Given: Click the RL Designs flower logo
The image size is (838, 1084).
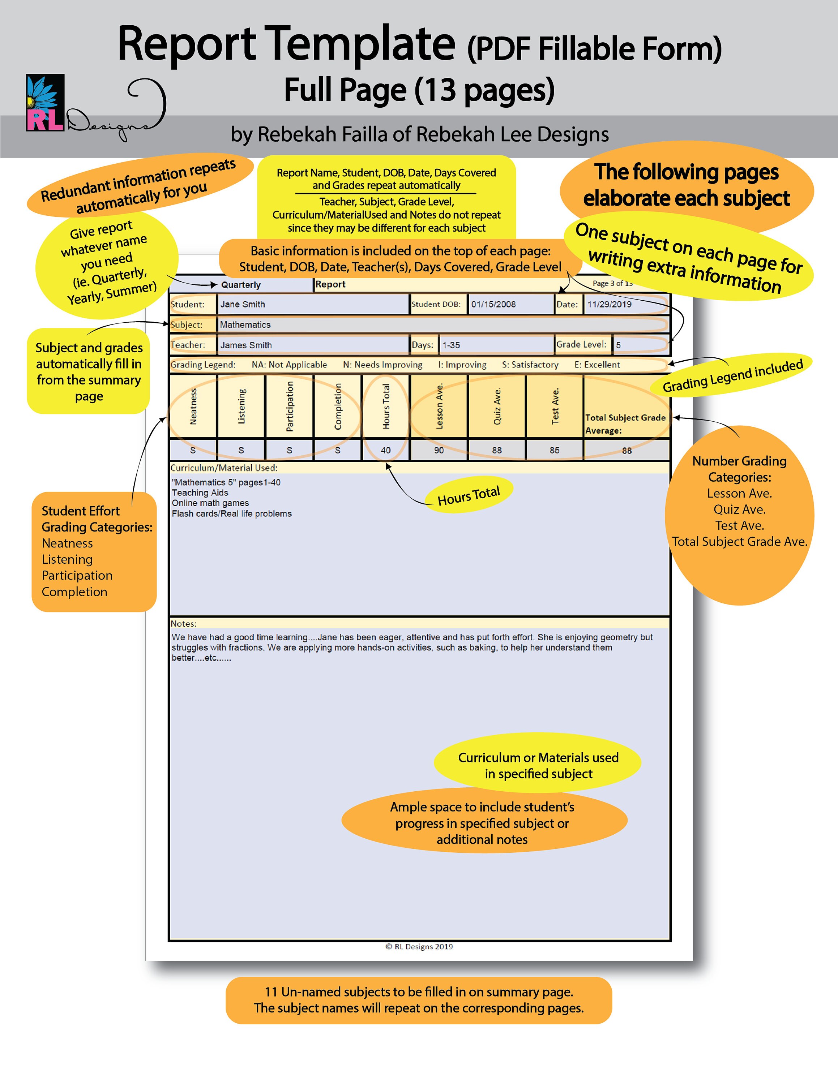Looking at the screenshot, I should [x=45, y=102].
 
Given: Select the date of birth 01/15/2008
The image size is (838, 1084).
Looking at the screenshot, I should [x=493, y=304].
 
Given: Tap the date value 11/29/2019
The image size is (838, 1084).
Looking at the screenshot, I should [x=609, y=304].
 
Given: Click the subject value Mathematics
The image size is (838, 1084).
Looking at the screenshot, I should [x=245, y=324].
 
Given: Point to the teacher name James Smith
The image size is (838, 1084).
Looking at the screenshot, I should [x=246, y=345].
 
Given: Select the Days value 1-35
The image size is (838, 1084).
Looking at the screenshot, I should [x=451, y=345].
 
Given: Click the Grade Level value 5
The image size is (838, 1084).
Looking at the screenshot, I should [x=618, y=345].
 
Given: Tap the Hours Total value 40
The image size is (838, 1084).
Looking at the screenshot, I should [x=386, y=450].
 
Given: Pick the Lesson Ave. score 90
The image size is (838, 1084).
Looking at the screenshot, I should [x=439, y=450].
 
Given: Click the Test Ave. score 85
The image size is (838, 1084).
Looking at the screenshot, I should [x=555, y=450].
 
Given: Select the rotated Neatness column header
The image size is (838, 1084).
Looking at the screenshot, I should [x=193, y=406].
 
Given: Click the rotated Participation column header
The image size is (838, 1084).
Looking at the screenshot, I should [x=290, y=406].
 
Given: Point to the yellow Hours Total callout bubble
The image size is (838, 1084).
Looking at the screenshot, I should [x=469, y=495].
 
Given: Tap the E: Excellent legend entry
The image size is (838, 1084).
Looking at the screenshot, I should [x=597, y=365].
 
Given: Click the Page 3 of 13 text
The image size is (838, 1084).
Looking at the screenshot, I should [x=612, y=283].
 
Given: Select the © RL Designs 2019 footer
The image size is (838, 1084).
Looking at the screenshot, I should [x=419, y=947].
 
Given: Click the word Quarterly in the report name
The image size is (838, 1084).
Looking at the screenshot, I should [x=241, y=285].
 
